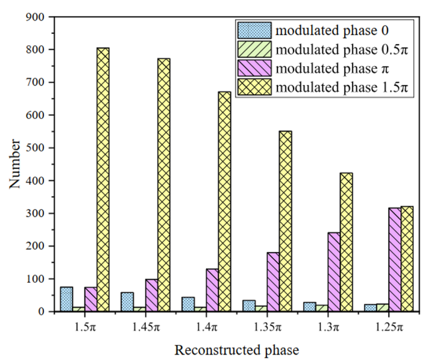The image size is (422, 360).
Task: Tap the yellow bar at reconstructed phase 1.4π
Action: click(224, 201)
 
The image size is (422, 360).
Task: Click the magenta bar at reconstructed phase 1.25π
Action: click(394, 260)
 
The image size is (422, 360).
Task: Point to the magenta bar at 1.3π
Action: click(333, 272)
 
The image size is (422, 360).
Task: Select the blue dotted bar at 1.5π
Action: click(66, 299)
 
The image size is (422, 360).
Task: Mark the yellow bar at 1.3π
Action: click(346, 242)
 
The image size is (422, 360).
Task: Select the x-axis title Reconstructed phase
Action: click(236, 349)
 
